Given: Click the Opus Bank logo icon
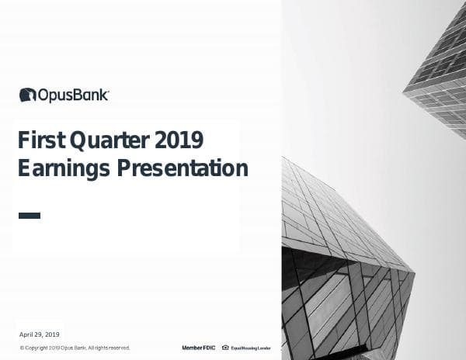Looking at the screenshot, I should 27,95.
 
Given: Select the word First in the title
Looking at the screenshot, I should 40,140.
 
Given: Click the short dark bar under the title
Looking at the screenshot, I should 29,215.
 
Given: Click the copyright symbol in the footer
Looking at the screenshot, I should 22,348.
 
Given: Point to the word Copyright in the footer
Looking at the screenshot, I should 36,348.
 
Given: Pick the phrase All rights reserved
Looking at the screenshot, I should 109,348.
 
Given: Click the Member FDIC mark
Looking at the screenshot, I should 198,348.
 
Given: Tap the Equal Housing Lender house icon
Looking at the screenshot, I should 225,348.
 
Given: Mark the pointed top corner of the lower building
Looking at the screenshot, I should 284,159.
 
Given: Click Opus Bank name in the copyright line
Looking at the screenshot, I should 73,348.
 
